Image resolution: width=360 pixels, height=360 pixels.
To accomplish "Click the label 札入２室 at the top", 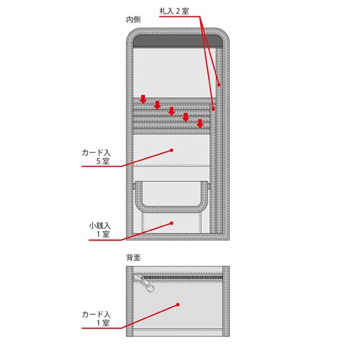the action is click(x=174, y=12).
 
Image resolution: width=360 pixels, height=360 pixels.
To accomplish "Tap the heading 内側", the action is click(x=133, y=19).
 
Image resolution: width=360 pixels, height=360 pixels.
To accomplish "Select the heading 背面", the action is click(x=133, y=258).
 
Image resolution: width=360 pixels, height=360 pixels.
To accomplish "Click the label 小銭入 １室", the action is click(x=100, y=230).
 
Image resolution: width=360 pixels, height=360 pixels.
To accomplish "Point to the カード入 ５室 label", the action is click(x=96, y=157).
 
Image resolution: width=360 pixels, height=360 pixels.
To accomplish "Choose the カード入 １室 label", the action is click(x=96, y=318).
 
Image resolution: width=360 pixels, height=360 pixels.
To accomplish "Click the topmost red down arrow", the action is click(x=143, y=99).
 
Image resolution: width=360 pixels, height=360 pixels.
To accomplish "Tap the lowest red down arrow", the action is click(x=200, y=123).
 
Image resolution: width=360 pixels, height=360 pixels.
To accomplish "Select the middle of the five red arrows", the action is click(x=171, y=111).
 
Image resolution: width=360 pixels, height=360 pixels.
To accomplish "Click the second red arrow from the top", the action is click(x=157, y=105).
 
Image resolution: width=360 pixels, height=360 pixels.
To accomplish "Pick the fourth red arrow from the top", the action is click(x=186, y=117).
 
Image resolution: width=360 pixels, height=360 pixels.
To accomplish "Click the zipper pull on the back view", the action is click(x=145, y=284).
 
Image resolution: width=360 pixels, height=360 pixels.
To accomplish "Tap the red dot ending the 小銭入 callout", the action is click(x=171, y=223).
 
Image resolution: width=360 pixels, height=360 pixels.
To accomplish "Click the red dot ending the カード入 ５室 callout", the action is click(x=171, y=150).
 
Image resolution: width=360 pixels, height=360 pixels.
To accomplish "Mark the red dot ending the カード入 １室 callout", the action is click(x=178, y=305).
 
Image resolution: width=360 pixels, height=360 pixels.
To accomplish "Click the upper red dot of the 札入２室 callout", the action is click(x=219, y=84).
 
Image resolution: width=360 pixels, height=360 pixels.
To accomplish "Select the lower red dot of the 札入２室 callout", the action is click(x=213, y=109).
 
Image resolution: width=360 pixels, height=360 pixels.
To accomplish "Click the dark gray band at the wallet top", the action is click(x=178, y=41).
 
